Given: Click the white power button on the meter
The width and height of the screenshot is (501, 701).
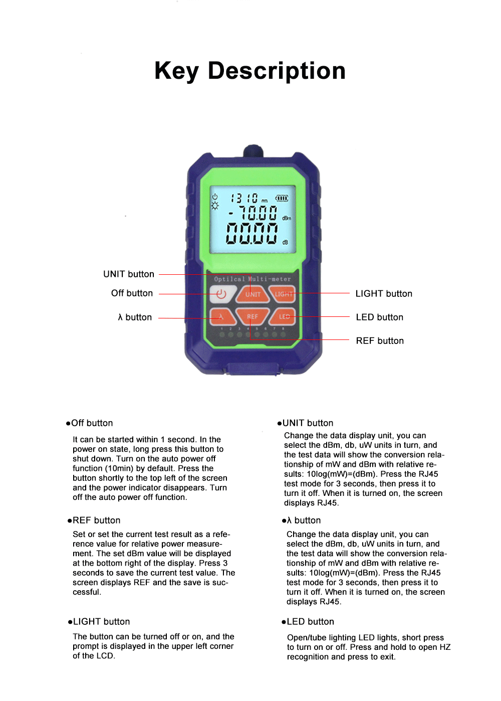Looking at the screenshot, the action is coord(221,294).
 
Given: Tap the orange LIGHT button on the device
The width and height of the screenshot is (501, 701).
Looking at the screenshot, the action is coord(283,294).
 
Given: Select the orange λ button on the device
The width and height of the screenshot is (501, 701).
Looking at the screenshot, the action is coord(222,317).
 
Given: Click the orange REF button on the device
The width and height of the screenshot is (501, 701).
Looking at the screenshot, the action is coord(253,317).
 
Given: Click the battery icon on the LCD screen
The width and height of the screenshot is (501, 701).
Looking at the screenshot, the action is coord(282,199).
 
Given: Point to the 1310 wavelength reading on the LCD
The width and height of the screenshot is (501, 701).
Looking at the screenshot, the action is coord(244,198).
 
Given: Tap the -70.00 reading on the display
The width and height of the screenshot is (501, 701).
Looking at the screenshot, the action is coord(253,213).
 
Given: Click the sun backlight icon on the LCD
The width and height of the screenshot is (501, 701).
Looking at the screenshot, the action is coord(215,206).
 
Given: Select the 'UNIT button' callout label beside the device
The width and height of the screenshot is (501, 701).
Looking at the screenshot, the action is coord(129,274).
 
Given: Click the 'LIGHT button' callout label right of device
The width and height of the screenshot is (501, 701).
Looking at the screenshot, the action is coord(384,293).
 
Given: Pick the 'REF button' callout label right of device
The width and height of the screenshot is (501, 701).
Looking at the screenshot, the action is coord(380,340).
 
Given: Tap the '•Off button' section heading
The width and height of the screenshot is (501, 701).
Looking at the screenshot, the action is coord(89,423).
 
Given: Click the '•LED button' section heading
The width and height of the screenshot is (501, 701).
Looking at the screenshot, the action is coord(308,621).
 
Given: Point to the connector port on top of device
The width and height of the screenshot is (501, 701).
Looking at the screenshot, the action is coord(253,150).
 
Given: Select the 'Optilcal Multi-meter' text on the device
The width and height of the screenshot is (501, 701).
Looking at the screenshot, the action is coord(253,279).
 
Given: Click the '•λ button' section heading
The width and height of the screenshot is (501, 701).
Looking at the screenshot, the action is coord(301,520).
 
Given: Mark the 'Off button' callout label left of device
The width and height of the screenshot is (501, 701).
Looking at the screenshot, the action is coord(132,293).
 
